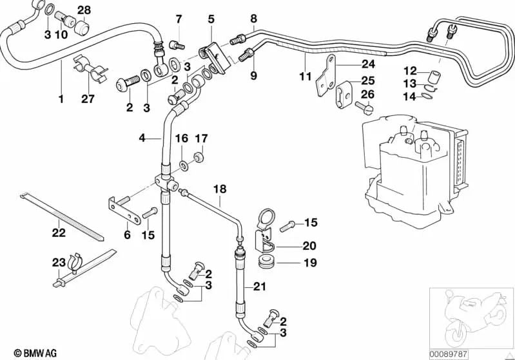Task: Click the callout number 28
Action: [84, 9]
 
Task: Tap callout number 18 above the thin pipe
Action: [220, 189]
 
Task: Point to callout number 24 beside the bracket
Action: [367, 64]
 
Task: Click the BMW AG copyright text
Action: [26, 352]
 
